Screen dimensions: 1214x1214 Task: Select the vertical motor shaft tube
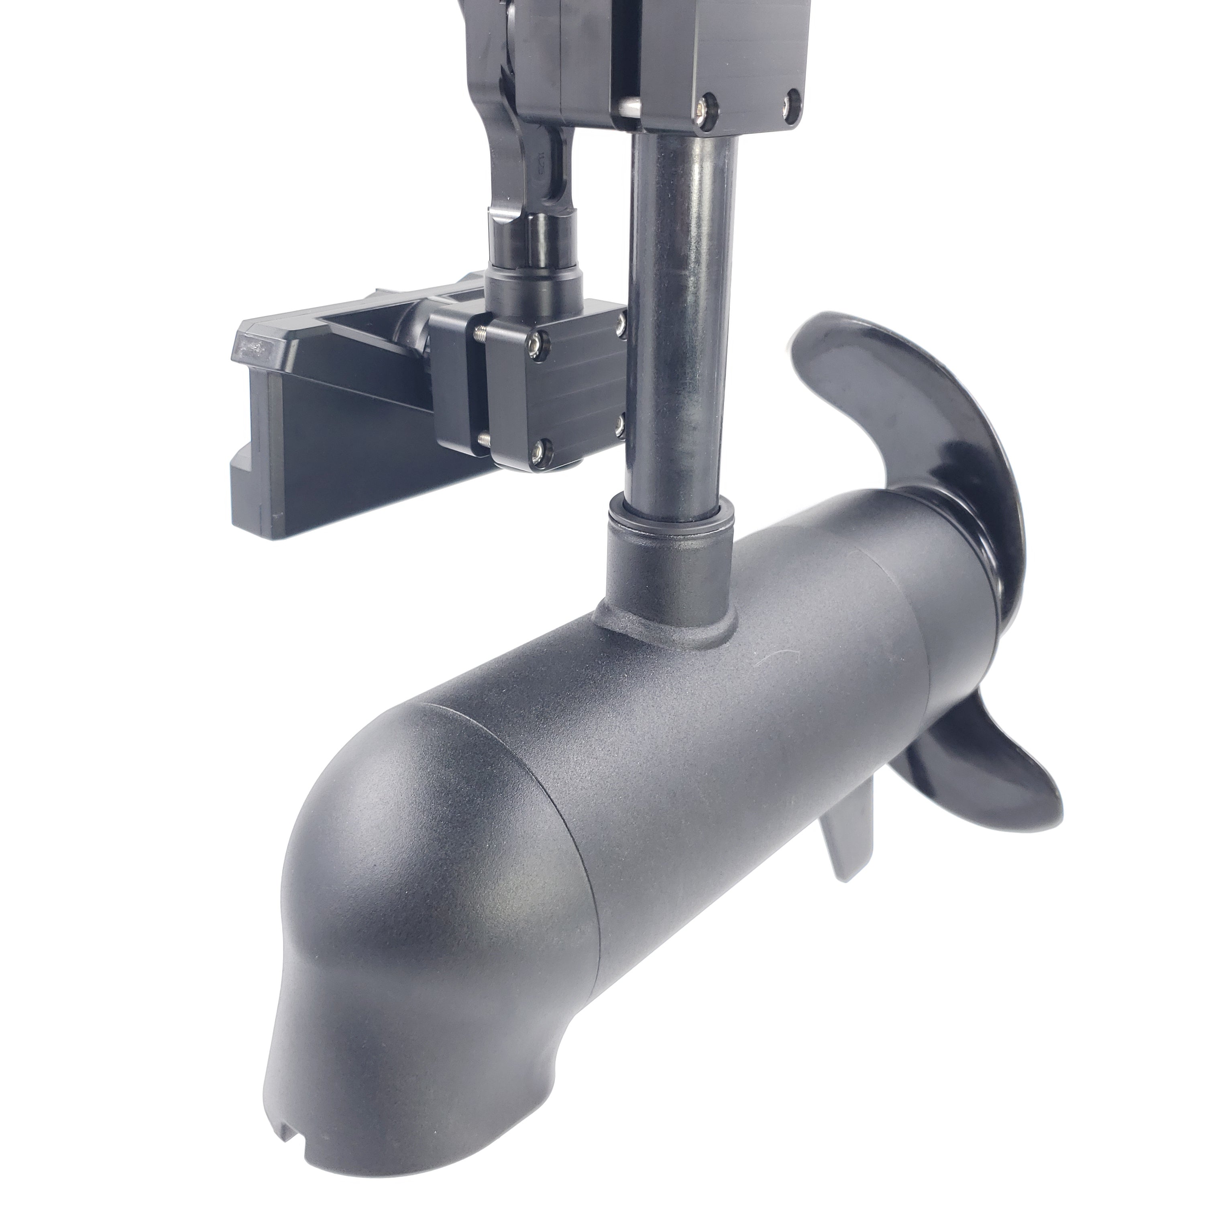click(682, 314)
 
